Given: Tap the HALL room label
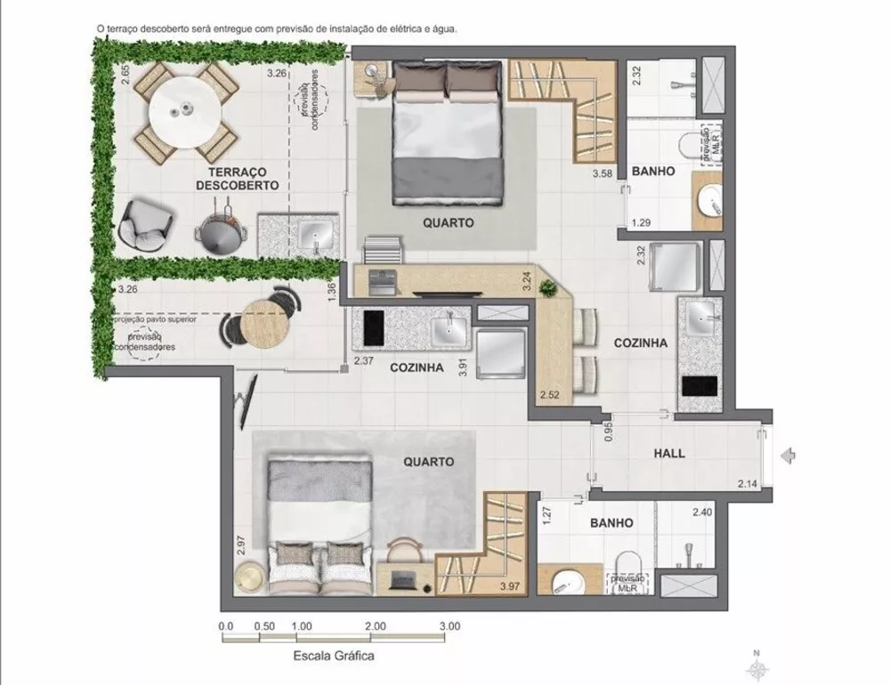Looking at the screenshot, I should point(668,453).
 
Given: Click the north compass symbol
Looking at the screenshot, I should point(756,665).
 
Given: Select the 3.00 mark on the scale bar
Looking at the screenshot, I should point(449,625).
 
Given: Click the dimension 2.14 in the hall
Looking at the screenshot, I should point(748,484).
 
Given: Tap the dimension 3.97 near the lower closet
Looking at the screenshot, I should point(509,586).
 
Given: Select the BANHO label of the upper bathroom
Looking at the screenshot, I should point(651,170).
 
